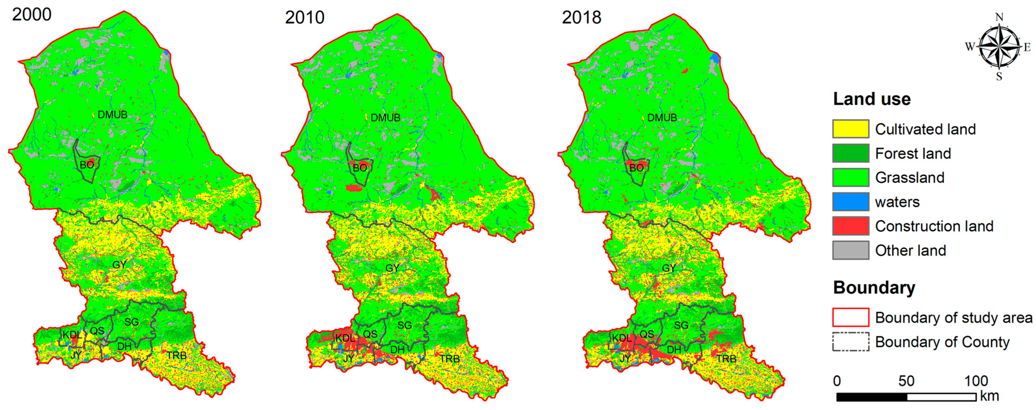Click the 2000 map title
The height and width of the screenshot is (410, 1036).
pos(32,14)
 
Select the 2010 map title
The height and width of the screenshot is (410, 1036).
pos(304,17)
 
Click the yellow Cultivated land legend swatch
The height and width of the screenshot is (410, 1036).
pos(850,129)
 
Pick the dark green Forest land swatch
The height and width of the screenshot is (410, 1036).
pos(850,153)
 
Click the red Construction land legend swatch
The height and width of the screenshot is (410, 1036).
pos(850,226)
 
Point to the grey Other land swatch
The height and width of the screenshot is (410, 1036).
pos(850,250)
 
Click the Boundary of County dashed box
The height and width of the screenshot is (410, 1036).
pos(850,342)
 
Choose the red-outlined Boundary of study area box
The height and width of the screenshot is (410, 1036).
pos(850,317)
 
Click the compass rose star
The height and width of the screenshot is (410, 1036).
pos(999,47)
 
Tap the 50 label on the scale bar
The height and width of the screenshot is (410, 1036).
pos(906,381)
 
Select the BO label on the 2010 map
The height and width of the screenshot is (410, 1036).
pos(360,168)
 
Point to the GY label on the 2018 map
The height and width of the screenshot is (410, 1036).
pos(669,268)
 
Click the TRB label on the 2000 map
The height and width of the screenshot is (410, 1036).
pos(177,355)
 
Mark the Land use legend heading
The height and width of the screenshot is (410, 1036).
pos(872,99)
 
